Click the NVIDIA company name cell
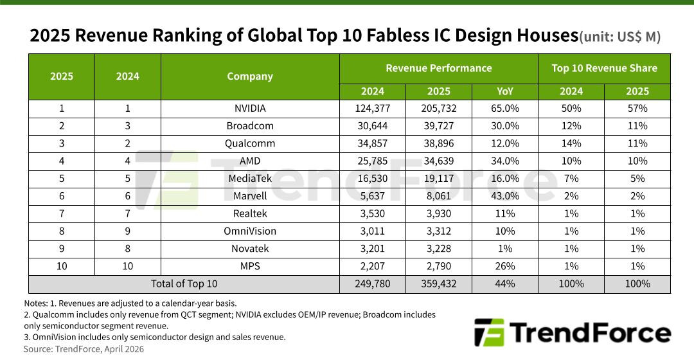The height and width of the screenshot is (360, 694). coord(250,109)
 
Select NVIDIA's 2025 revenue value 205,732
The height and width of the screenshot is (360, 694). coord(439,109)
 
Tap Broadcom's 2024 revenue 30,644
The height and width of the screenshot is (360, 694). coord(373,126)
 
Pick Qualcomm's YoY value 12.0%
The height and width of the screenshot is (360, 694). coord(504,143)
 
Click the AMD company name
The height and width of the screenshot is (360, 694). coord(250,161)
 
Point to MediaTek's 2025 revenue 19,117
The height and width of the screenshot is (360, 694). coord(439,179)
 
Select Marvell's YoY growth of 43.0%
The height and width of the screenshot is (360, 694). coord(504,196)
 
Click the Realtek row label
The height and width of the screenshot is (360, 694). coord(250,213)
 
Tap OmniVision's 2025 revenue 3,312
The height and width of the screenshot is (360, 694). coord(439,231)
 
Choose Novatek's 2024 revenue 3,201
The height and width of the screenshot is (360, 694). coord(373,248)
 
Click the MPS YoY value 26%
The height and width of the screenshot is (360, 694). coord(504,266)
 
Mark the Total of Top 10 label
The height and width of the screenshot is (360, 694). coord(184,283)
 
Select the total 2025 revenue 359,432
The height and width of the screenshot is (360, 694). coord(439,283)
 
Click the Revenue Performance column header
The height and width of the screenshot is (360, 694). coord(438,68)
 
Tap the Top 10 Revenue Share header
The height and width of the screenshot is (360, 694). coord(604,68)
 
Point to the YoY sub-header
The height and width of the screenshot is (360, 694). coord(504,91)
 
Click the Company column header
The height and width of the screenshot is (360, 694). coord(250,76)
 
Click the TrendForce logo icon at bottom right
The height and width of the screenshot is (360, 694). coord(488,333)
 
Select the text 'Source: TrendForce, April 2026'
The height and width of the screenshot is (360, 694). coord(84,349)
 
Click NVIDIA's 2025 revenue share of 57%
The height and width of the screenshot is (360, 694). coord(637,109)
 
